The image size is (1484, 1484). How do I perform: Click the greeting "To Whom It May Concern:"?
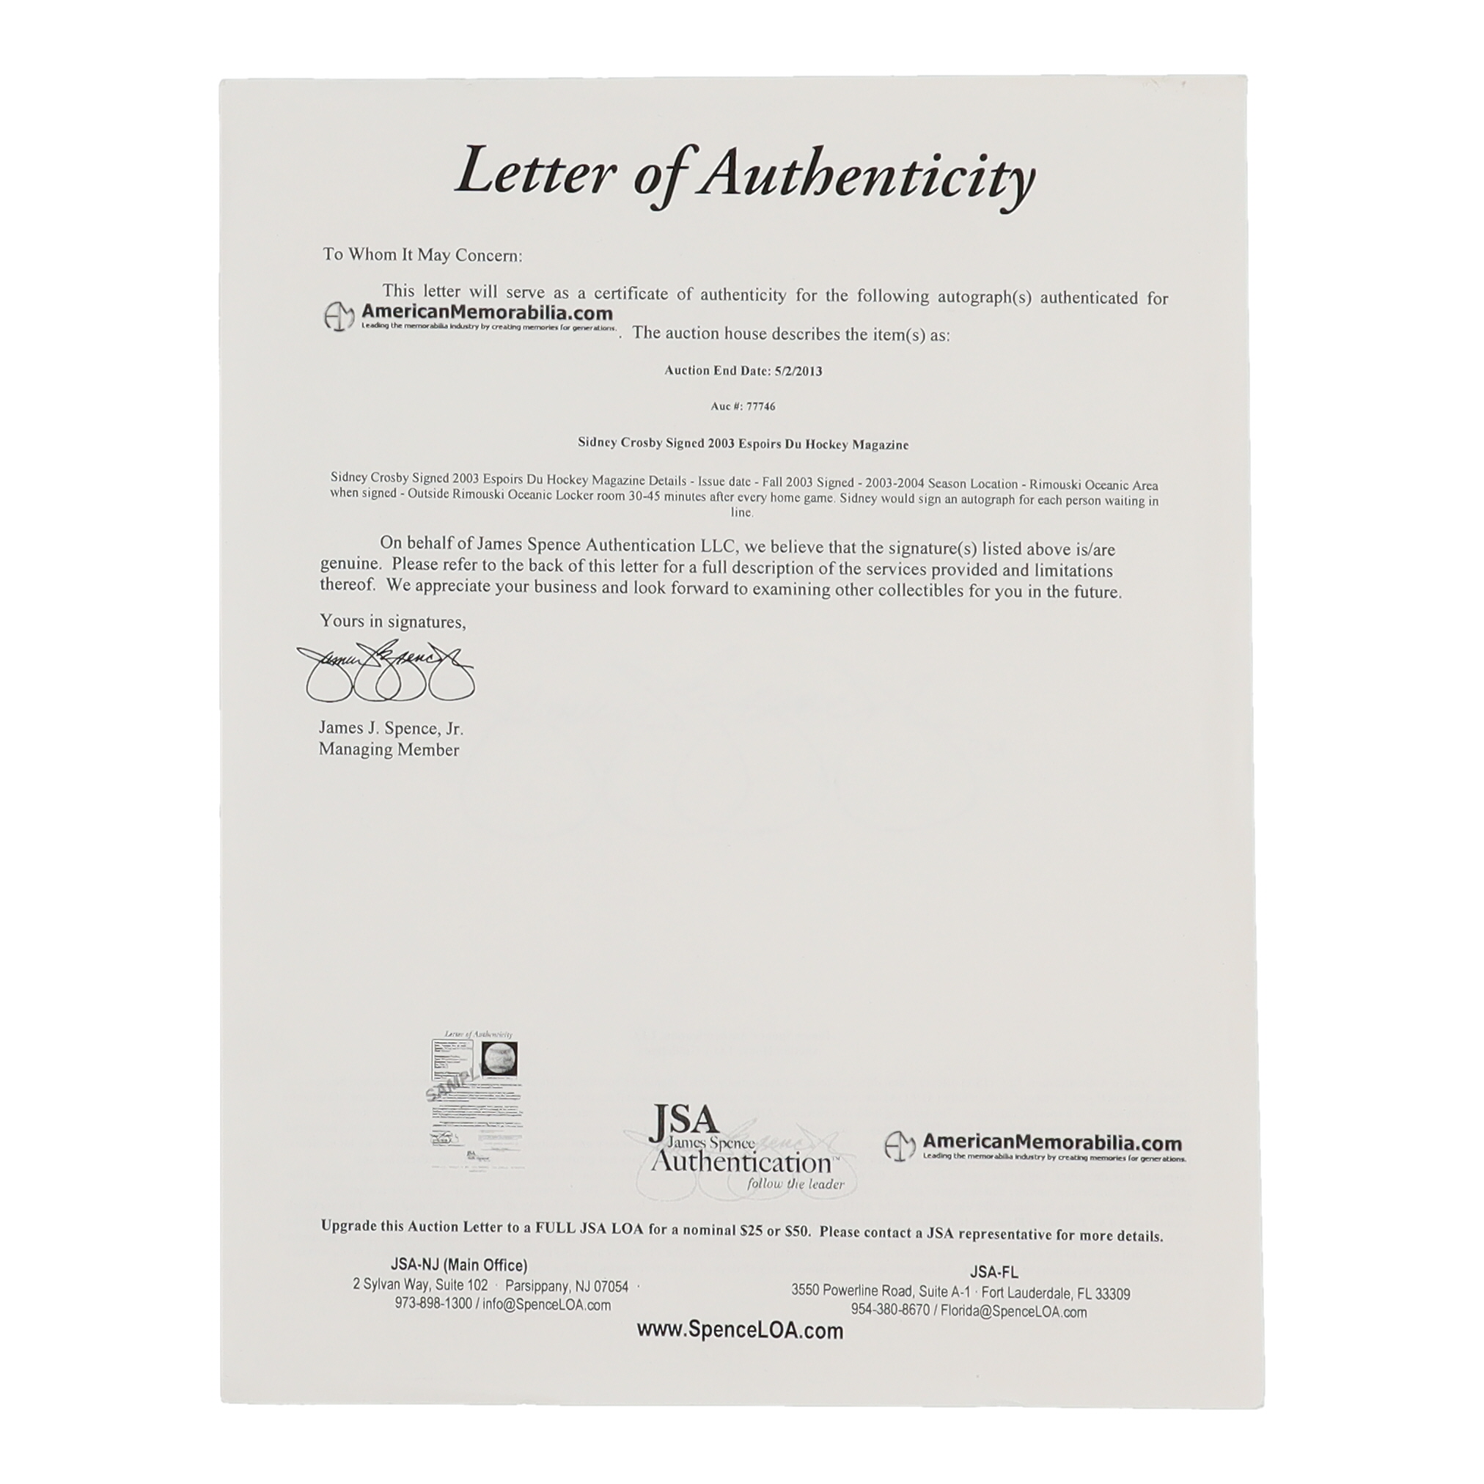(422, 255)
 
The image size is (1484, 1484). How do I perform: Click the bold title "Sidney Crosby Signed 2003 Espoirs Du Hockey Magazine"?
(743, 444)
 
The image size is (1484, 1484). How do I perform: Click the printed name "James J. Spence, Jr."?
(391, 728)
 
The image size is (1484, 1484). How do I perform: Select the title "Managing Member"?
(389, 749)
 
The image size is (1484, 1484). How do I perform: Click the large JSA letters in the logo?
(683, 1123)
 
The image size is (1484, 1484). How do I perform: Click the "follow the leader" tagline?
(796, 1183)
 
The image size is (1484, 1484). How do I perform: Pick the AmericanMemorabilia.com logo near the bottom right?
(1035, 1147)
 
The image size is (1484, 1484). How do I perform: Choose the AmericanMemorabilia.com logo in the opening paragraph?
(469, 316)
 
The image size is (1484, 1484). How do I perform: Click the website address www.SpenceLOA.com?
(740, 1330)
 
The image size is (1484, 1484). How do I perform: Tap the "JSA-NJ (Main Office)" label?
(458, 1265)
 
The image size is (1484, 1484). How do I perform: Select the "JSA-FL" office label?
(994, 1272)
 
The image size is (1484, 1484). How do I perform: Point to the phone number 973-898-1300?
(433, 1304)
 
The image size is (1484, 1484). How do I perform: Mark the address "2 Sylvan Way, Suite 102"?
(420, 1285)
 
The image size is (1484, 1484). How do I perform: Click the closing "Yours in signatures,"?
(392, 622)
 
